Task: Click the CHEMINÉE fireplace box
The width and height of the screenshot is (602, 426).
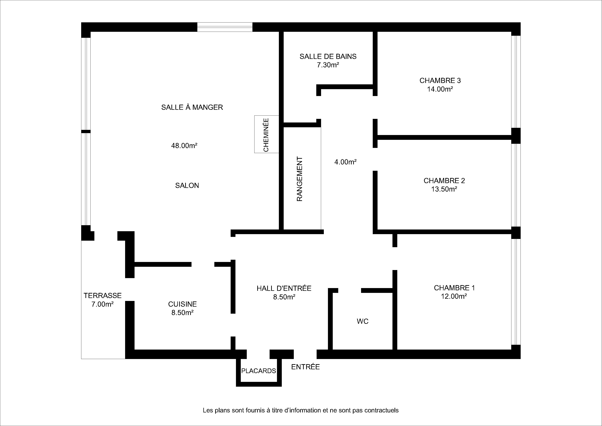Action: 266,134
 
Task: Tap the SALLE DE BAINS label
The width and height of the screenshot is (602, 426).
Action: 328,57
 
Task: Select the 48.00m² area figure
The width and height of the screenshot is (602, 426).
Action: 184,145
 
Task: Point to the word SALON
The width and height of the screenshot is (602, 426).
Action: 187,186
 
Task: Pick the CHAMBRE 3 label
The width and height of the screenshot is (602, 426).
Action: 440,81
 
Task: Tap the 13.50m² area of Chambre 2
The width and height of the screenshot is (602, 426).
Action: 444,189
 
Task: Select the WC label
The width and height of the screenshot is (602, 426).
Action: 363,321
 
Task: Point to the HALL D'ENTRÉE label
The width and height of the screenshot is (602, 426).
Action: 284,288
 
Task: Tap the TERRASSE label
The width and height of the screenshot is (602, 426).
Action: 102,296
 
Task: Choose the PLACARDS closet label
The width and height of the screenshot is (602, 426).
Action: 258,371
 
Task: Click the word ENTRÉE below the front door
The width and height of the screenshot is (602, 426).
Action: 305,367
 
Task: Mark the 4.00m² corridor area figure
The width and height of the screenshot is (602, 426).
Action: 345,162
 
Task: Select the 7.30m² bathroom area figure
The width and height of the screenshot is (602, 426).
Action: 328,65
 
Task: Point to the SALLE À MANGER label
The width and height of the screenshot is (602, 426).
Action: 192,107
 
